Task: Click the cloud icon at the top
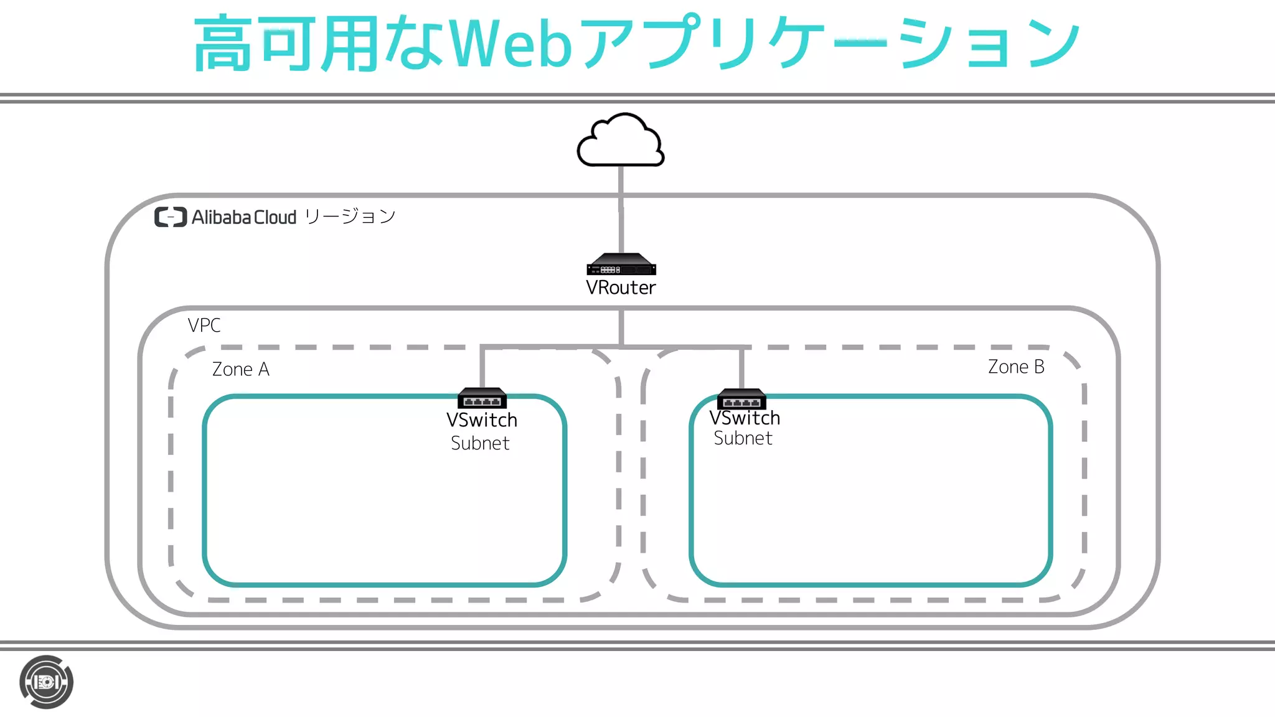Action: click(x=621, y=142)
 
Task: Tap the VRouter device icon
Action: click(x=621, y=265)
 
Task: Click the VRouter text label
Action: click(x=621, y=288)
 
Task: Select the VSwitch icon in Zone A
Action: click(x=482, y=398)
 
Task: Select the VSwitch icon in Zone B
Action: click(x=741, y=398)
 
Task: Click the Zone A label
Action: click(x=241, y=369)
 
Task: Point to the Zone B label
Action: click(x=1016, y=367)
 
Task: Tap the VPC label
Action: click(x=204, y=325)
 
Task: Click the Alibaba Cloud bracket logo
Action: click(x=171, y=217)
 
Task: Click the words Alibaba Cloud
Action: click(x=244, y=217)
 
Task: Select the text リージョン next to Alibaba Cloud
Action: click(x=351, y=217)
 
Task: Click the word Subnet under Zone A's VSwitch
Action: click(x=480, y=443)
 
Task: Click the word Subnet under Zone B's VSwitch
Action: click(x=743, y=438)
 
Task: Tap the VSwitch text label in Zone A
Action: click(x=482, y=420)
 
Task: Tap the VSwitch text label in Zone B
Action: click(x=745, y=418)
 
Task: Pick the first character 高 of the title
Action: click(x=223, y=44)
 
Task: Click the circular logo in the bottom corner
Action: click(x=47, y=682)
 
